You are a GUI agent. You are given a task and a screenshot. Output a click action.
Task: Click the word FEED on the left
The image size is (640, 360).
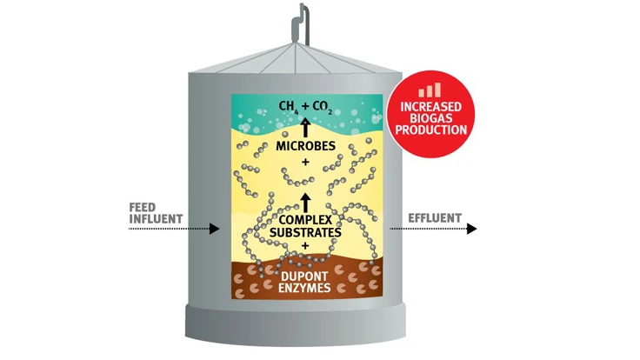pyautogui.click(x=143, y=206)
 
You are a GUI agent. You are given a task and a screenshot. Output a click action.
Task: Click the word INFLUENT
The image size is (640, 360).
pyautogui.click(x=154, y=217)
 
